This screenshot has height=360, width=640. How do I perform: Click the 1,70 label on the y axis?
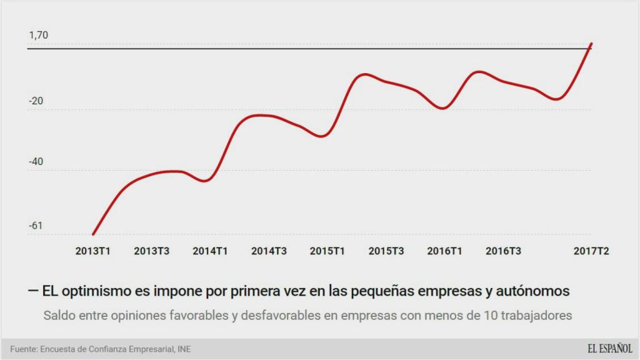coord(38,36)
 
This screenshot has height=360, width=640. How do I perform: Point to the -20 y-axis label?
coord(36,101)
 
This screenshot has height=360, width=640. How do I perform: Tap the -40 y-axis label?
coord(36,162)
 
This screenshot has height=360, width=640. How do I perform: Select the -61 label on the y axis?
coord(36,226)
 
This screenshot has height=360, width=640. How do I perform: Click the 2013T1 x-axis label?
coord(93,251)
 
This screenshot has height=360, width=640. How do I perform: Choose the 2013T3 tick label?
coord(152,251)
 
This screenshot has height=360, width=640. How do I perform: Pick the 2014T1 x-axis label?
coord(211,251)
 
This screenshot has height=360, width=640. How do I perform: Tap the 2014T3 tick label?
coord(269,251)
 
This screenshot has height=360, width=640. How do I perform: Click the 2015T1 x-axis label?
coord(327,251)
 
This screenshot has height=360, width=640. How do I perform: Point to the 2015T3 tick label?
coord(386,251)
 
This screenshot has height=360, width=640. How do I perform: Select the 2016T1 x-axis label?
coord(445,251)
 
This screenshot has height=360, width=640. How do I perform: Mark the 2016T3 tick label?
coord(504,251)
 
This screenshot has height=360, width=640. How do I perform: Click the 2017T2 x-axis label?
coord(591,251)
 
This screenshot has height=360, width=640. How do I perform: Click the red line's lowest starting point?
coord(93,234)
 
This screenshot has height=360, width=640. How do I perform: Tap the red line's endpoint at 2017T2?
coord(591,44)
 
